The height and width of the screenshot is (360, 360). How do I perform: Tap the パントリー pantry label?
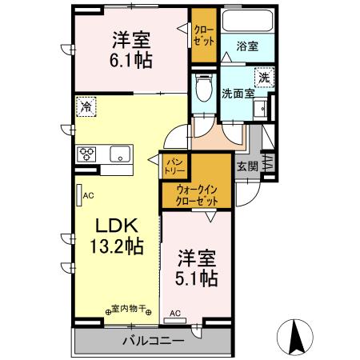click(173, 166)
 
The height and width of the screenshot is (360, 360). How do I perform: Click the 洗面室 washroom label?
click(238, 93)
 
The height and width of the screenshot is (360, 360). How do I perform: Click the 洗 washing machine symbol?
click(263, 78)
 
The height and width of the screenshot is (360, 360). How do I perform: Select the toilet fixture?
click(203, 85)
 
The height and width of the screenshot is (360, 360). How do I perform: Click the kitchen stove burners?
click(87, 154)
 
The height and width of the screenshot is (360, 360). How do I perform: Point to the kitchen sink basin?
click(119, 154)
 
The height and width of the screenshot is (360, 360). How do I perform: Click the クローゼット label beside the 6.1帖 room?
click(202, 36)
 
